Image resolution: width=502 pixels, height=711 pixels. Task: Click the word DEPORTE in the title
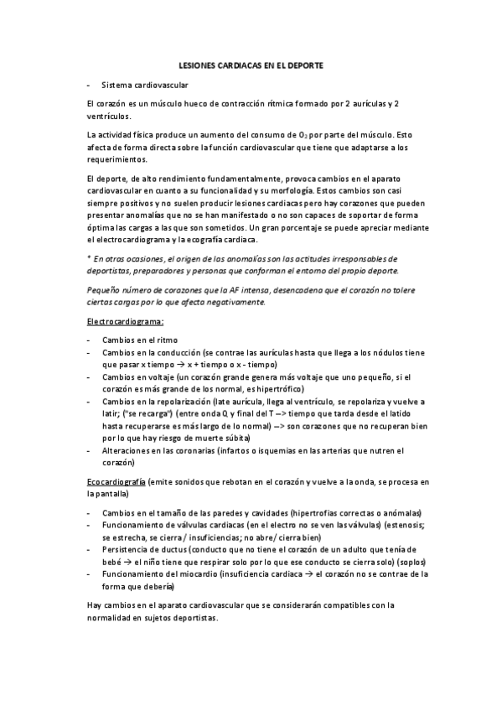300,65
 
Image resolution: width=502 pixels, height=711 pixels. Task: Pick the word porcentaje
340,228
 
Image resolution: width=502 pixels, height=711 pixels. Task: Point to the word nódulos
371,353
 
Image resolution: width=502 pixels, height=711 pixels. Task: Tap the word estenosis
399,525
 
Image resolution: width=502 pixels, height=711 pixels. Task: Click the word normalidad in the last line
111,617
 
